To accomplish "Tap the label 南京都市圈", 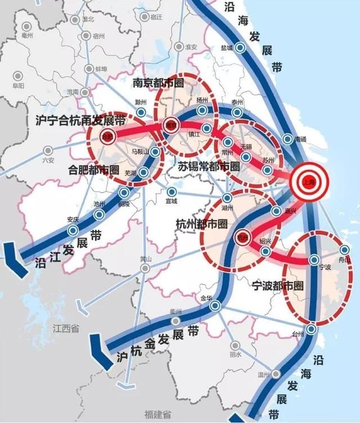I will [159, 83].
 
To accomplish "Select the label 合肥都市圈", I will [93, 169].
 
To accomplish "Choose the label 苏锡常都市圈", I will [209, 166].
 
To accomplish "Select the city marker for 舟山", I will [345, 249].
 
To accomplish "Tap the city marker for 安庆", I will [73, 231].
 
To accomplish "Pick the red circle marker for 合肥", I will [106, 136].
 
